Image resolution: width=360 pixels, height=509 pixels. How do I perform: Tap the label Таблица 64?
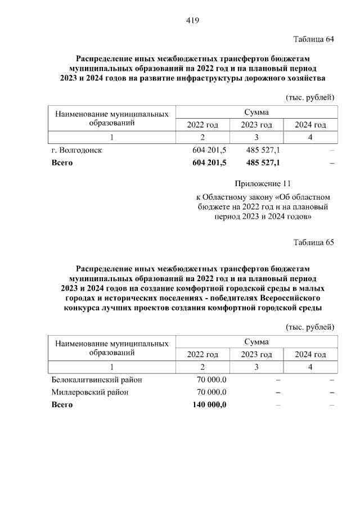[x=314, y=39]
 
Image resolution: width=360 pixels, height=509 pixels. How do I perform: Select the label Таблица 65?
[x=314, y=242]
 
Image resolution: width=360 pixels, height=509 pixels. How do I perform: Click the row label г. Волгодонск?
[x=76, y=151]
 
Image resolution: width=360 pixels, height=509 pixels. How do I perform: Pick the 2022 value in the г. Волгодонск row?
[x=209, y=151]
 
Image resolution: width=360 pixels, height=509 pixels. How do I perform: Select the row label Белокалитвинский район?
[x=96, y=380]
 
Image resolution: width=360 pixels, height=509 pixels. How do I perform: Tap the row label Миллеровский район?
[x=90, y=392]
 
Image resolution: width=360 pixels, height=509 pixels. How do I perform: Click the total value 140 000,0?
[x=209, y=404]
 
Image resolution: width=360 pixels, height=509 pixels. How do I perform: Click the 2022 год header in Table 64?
[x=202, y=125]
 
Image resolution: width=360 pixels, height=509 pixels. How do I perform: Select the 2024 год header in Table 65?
[x=310, y=354]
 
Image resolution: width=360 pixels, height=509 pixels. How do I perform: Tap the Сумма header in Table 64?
[x=256, y=112]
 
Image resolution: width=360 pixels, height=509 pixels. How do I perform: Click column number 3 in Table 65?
[x=256, y=367]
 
